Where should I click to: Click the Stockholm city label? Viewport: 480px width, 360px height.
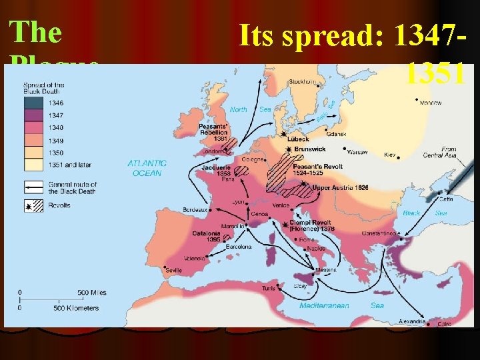[x=301, y=82]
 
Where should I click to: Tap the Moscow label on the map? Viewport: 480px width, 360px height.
[x=431, y=103]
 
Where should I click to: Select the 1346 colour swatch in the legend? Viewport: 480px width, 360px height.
[x=33, y=103]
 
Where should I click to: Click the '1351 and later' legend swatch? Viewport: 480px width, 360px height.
[x=33, y=164]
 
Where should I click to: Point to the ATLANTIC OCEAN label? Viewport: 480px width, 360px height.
[x=147, y=167]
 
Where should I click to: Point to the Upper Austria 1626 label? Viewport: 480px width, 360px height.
[x=340, y=188]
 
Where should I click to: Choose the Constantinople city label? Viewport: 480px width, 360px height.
[x=381, y=234]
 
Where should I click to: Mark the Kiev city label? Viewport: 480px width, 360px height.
[x=391, y=155]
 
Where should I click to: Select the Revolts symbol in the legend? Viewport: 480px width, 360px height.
[x=33, y=206]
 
